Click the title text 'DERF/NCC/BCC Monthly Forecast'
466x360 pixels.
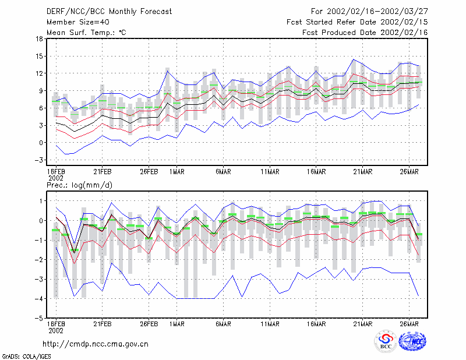[x=109, y=12]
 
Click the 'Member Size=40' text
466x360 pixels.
[x=78, y=22]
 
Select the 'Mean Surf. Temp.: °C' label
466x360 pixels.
[x=86, y=33]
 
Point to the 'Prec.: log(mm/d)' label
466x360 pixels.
[x=79, y=185]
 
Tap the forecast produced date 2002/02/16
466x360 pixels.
[x=404, y=33]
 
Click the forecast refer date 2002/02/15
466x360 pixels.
[x=404, y=22]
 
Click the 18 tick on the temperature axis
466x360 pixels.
[x=39, y=38]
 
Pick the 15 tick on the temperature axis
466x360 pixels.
[x=39, y=56]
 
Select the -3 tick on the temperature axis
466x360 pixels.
[x=38, y=160]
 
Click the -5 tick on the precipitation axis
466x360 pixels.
[x=38, y=318]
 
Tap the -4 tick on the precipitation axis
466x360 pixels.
[x=38, y=298]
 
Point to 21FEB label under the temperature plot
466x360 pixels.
[x=103, y=172]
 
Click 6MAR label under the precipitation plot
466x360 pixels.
[x=223, y=324]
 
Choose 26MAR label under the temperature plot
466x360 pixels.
[x=409, y=172]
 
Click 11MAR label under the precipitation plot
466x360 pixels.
[x=270, y=324]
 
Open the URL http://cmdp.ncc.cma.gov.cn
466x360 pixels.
[x=96, y=344]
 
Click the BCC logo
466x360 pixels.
[x=386, y=341]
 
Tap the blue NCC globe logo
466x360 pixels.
[x=412, y=341]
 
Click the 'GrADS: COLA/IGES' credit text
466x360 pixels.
[x=26, y=357]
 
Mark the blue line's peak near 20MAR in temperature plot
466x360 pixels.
[x=354, y=59]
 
